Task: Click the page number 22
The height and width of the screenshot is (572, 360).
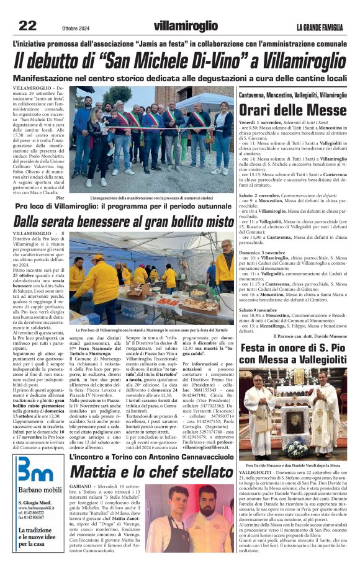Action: pos(27,26)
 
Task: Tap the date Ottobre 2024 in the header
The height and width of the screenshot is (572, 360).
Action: pos(78,27)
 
